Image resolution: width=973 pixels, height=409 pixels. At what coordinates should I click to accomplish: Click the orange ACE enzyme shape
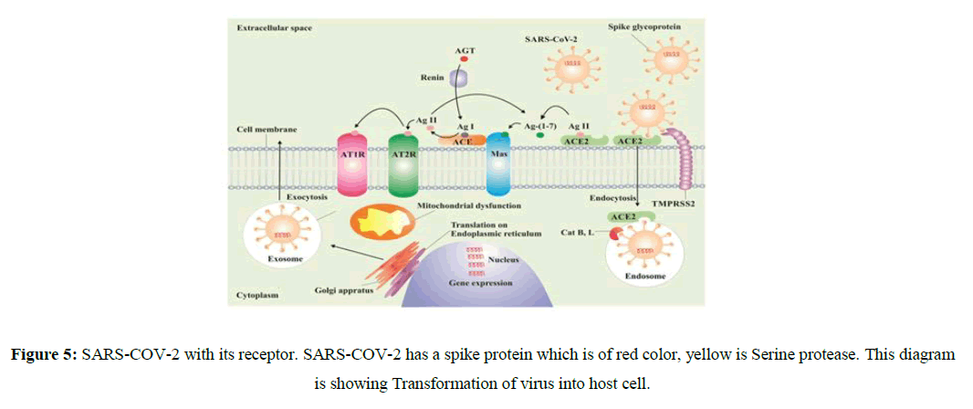[464, 141]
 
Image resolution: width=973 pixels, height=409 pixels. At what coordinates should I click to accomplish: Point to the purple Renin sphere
[462, 79]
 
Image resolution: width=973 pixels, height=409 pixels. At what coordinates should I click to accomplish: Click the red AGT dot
[464, 58]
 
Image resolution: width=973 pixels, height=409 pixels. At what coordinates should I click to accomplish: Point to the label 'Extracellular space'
[274, 27]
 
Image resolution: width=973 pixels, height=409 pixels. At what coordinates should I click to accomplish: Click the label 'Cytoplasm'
[257, 295]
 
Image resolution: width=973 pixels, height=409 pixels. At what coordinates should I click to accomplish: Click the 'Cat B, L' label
[577, 235]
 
